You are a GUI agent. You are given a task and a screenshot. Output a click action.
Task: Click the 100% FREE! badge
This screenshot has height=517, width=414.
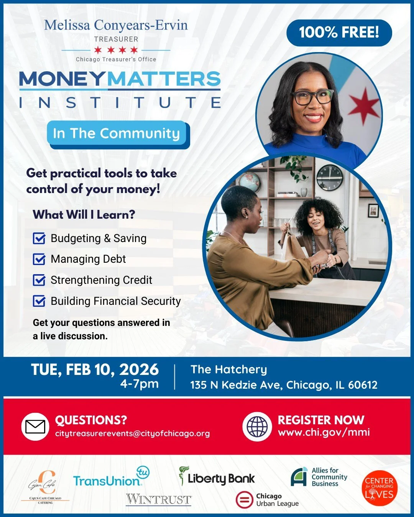pos(339,33)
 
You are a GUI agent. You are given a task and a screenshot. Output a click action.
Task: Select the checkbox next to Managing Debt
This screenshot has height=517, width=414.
pos(39,259)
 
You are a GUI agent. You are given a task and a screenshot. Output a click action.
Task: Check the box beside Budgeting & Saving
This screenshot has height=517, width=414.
pos(39,239)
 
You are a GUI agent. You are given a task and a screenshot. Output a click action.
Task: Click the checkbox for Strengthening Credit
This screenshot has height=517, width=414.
pos(39,280)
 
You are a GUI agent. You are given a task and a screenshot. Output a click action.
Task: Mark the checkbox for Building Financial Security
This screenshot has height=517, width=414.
pos(39,301)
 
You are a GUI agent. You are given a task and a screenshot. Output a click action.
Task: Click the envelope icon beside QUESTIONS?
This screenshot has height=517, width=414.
pos(35,427)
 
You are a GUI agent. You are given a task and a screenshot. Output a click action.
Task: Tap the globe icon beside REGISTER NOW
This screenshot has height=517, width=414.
pos(257,427)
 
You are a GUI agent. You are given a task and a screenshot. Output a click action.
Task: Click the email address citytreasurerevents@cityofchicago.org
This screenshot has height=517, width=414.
pos(132,434)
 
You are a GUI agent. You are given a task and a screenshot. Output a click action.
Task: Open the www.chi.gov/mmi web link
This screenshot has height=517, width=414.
pos(324,432)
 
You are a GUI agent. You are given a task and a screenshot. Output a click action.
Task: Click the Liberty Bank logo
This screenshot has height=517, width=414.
pos(217,477)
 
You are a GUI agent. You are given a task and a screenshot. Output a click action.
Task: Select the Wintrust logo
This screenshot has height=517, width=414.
pos(159,499)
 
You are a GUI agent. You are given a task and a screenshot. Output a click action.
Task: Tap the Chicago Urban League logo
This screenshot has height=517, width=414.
pos(267,500)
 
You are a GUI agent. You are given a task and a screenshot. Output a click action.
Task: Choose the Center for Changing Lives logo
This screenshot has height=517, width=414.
pos(379,488)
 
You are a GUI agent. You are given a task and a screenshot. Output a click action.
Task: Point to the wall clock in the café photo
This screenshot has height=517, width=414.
pos(330,177)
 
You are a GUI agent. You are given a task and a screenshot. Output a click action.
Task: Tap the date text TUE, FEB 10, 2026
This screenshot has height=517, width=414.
pos(95,370)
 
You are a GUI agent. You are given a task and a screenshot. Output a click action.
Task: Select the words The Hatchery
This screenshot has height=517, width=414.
pos(229,370)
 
